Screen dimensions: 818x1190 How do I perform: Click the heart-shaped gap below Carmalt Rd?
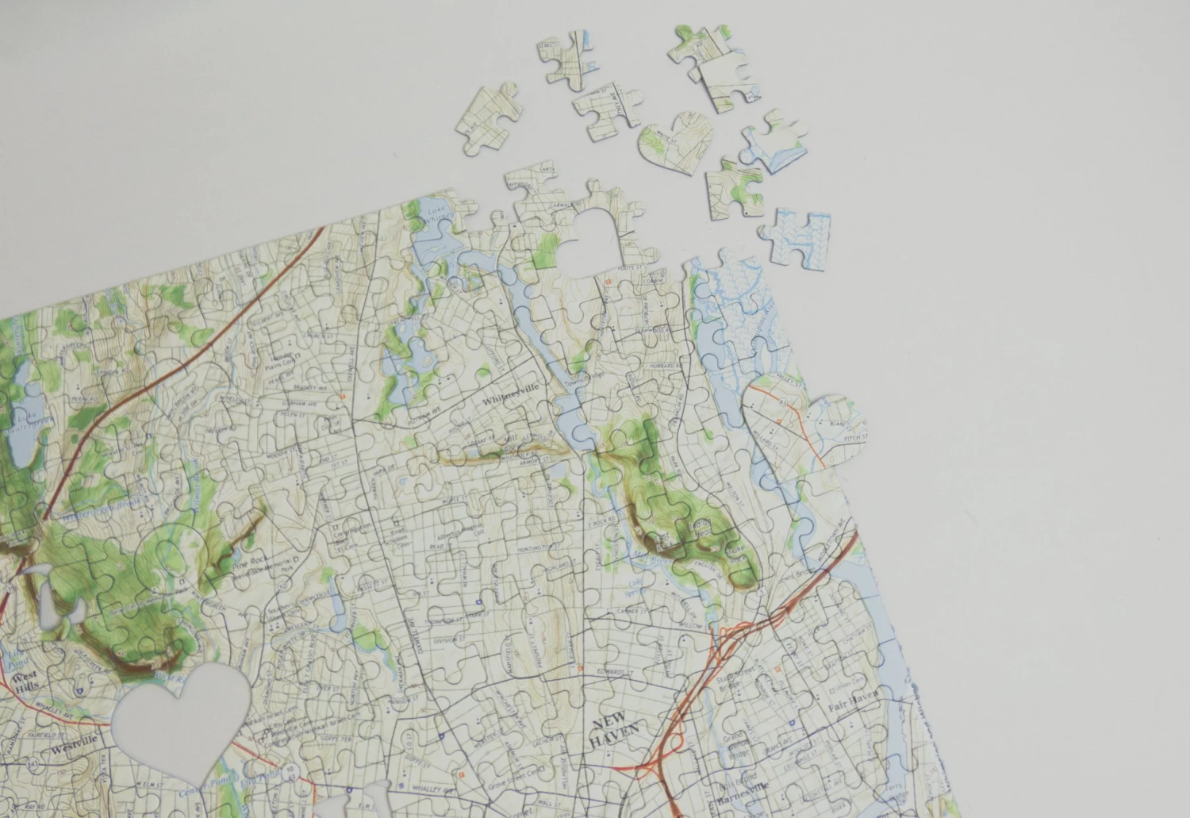[x=590, y=242]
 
